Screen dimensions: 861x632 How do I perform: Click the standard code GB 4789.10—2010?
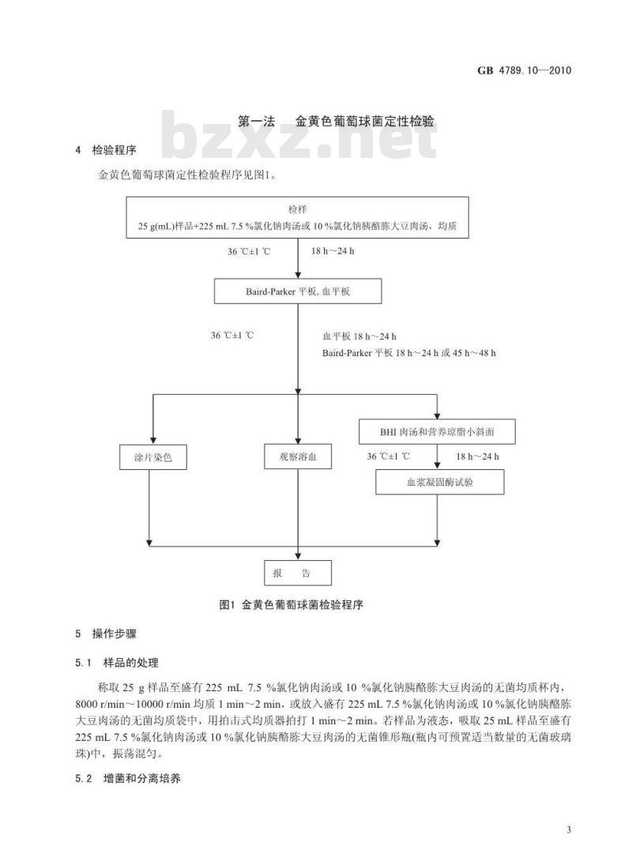click(x=523, y=70)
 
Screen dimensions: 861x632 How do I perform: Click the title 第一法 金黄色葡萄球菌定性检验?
click(x=337, y=122)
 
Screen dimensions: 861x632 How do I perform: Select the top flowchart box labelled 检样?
click(x=299, y=217)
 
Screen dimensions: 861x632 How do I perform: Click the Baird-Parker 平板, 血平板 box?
click(x=298, y=291)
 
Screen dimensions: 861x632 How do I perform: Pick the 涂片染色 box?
click(x=152, y=457)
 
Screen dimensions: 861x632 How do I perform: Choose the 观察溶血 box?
click(x=298, y=457)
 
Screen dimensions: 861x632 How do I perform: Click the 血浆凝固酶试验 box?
click(x=439, y=481)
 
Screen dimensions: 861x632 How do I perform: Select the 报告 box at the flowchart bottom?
click(x=298, y=573)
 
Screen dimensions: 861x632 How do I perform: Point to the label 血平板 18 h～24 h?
click(x=359, y=336)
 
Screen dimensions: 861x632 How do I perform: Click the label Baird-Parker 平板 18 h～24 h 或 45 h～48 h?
click(x=408, y=352)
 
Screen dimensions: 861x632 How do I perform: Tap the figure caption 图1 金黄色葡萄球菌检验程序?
click(x=290, y=605)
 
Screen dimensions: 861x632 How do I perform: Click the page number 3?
click(x=569, y=829)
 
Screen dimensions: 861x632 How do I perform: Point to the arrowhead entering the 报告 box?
click(x=298, y=556)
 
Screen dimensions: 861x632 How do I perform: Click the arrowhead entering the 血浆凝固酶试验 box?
click(x=439, y=465)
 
